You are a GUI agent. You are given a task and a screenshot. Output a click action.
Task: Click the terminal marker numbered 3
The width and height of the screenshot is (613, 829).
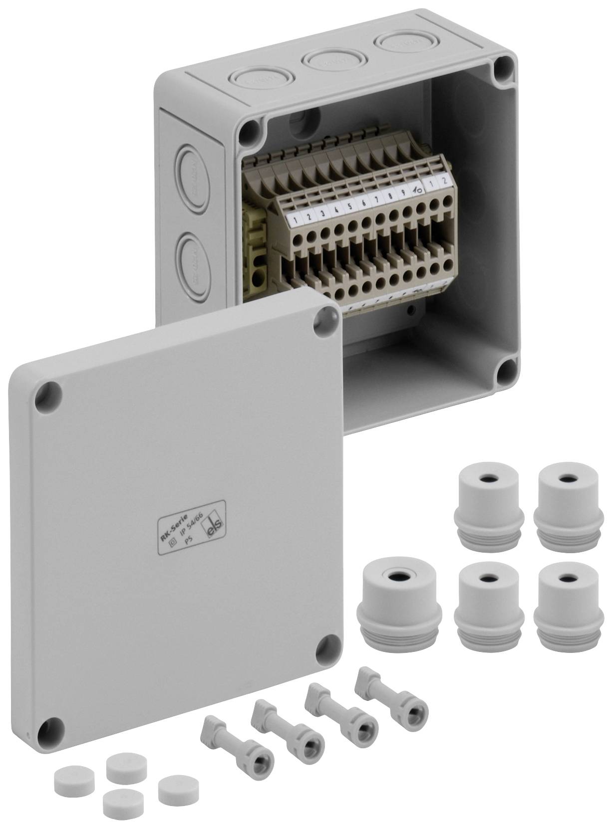point(323,213)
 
